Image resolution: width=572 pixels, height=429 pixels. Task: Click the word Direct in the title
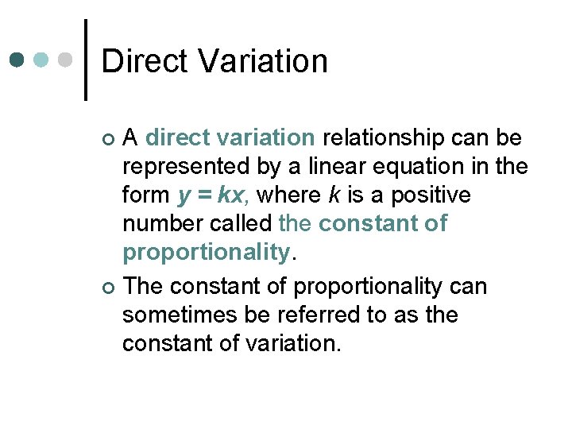coord(145,61)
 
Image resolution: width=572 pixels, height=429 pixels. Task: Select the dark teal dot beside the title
coord(17,60)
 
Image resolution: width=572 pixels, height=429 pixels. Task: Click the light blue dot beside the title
coord(41,60)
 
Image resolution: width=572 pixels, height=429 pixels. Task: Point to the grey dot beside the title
coord(66,60)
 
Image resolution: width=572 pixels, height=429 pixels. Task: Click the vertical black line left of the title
coord(86,60)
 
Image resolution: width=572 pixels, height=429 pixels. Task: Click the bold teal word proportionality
coord(207,253)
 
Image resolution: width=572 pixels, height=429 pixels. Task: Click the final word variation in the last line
coord(297,344)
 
